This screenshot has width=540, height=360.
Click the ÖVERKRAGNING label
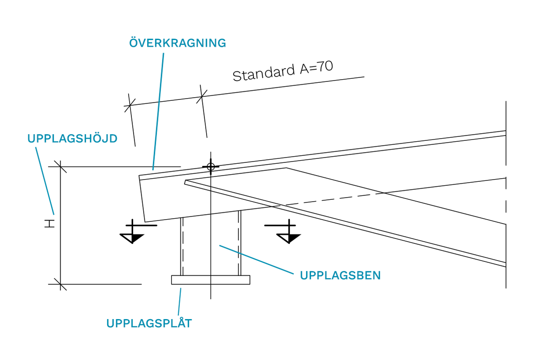(x=177, y=43)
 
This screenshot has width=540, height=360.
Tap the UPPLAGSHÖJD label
(x=72, y=139)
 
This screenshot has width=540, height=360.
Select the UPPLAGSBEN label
(x=340, y=275)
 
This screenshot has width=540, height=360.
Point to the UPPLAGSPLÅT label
(x=149, y=323)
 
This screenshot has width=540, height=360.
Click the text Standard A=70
(x=283, y=72)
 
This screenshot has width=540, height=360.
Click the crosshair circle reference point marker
(x=210, y=167)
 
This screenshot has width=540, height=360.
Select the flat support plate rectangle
(x=211, y=280)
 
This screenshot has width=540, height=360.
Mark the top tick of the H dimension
(x=60, y=166)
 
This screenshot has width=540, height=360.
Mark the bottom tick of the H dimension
(x=60, y=284)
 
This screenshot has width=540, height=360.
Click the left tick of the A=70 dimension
(x=130, y=105)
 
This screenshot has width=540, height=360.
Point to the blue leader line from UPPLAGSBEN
(x=256, y=259)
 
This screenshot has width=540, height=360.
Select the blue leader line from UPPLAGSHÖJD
(x=45, y=180)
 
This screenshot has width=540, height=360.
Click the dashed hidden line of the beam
(x=333, y=198)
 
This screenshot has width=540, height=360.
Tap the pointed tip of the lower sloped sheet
(x=185, y=182)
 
